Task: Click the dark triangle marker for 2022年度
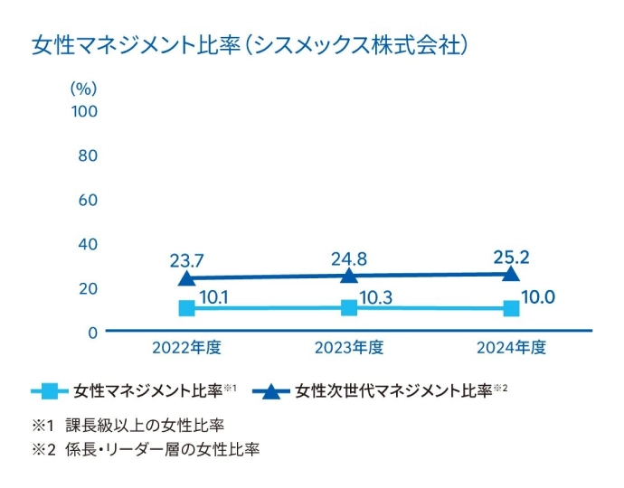pyautogui.click(x=187, y=278)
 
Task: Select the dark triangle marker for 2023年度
pyautogui.click(x=349, y=276)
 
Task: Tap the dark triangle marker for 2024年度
pyautogui.click(x=511, y=274)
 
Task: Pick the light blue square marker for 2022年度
pyautogui.click(x=187, y=308)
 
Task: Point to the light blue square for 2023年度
pyautogui.click(x=349, y=308)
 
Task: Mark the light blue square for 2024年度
pyautogui.click(x=511, y=309)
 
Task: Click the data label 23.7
pyautogui.click(x=186, y=261)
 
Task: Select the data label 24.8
pyautogui.click(x=349, y=259)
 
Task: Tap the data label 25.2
pyautogui.click(x=511, y=257)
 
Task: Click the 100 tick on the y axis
pyautogui.click(x=84, y=111)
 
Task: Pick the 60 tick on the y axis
pyautogui.click(x=88, y=200)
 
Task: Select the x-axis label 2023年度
pyautogui.click(x=349, y=347)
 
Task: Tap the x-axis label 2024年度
pyautogui.click(x=511, y=347)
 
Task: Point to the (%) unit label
pyautogui.click(x=83, y=89)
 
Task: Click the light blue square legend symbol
pyautogui.click(x=51, y=391)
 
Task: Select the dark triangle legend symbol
pyautogui.click(x=271, y=391)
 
